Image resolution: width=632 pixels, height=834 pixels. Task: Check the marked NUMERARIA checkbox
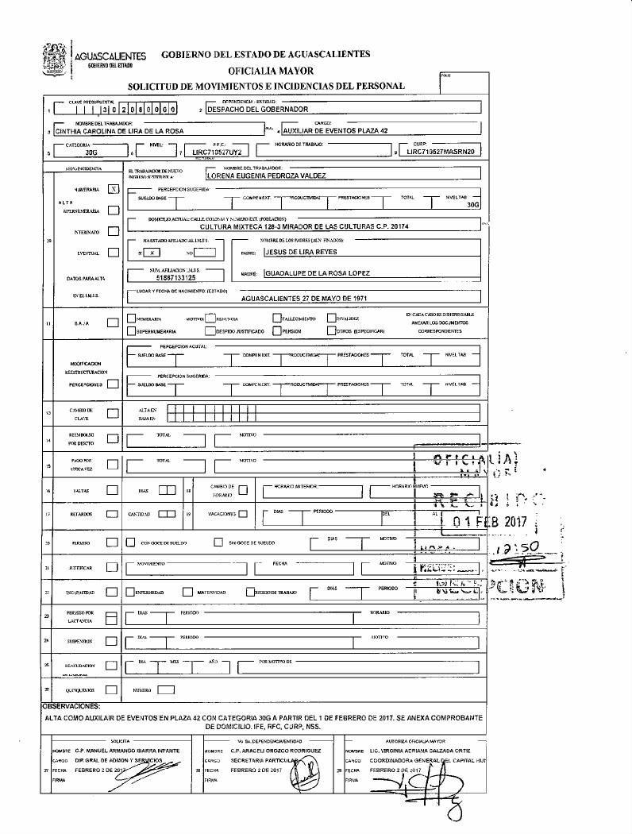point(114,190)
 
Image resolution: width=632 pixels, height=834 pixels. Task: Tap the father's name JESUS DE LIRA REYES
point(302,252)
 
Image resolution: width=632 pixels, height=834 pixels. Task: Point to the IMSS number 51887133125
point(176,278)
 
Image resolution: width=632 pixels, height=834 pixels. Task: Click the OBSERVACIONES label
point(70,705)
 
